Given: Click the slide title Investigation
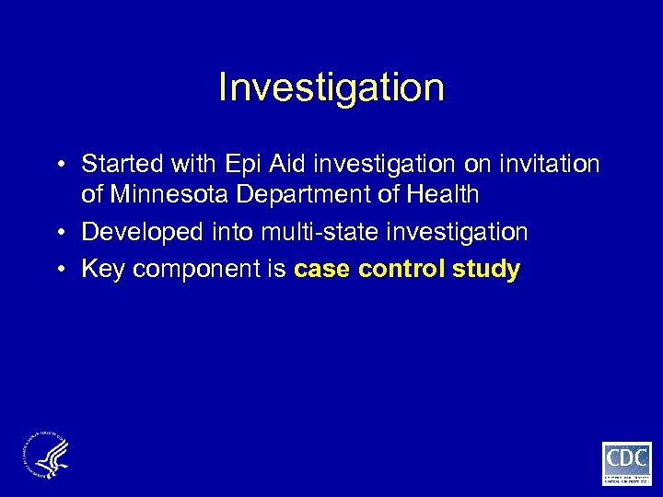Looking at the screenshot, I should tap(331, 88).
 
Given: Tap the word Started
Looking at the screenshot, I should tap(117, 165).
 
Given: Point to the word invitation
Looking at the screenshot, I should tap(543, 165).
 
